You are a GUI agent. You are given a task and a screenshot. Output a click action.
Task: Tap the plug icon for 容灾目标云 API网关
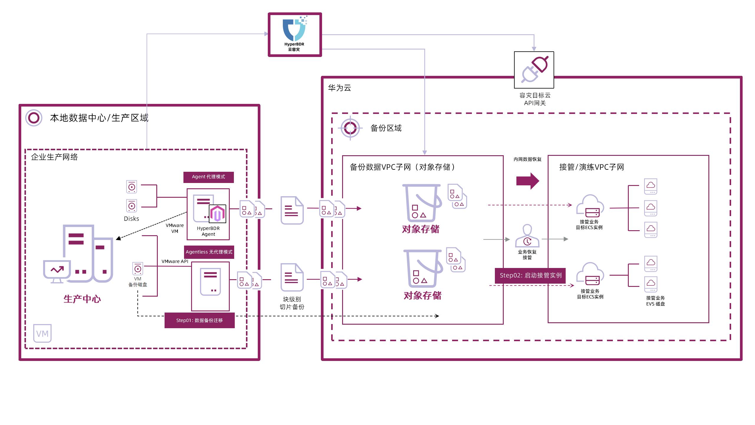534,70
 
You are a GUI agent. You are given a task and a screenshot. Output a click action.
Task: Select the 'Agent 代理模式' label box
209,177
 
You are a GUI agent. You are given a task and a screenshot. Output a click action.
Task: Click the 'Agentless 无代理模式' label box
209,252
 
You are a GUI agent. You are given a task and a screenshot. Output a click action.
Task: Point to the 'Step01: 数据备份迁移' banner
199,320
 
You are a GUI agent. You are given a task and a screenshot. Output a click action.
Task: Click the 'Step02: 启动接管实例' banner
530,275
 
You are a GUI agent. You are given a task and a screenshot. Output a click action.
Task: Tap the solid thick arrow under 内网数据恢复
528,181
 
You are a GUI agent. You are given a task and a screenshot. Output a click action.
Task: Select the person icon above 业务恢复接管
527,236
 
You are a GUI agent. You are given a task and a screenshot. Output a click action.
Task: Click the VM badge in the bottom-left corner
42,334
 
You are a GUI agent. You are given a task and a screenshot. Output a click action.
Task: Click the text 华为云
339,88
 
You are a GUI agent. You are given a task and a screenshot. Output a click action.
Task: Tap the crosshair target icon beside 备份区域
350,128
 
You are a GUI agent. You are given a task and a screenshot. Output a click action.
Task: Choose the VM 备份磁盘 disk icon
138,269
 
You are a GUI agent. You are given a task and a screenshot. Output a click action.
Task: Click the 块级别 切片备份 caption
292,303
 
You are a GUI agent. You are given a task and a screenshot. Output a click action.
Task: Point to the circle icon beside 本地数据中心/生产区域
34,118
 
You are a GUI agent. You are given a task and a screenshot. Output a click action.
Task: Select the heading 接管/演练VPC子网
591,167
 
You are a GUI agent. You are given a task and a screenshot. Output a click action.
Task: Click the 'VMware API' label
175,261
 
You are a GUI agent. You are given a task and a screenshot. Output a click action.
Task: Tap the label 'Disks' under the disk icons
132,219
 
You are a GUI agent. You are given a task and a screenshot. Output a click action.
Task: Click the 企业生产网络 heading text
55,157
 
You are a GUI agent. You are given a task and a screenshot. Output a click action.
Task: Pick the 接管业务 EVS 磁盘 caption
655,301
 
